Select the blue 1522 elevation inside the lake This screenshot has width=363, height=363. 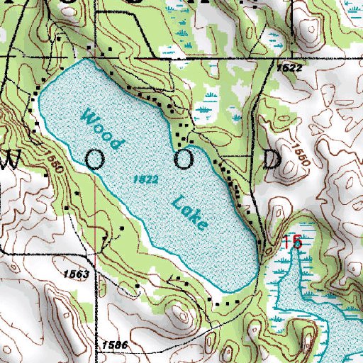[145, 181]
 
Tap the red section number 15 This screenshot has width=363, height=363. [292, 242]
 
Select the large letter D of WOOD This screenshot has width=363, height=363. [272, 160]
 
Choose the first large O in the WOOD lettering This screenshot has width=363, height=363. [95, 160]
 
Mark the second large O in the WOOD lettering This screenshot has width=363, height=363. [184, 160]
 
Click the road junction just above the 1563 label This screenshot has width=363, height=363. [93, 253]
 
